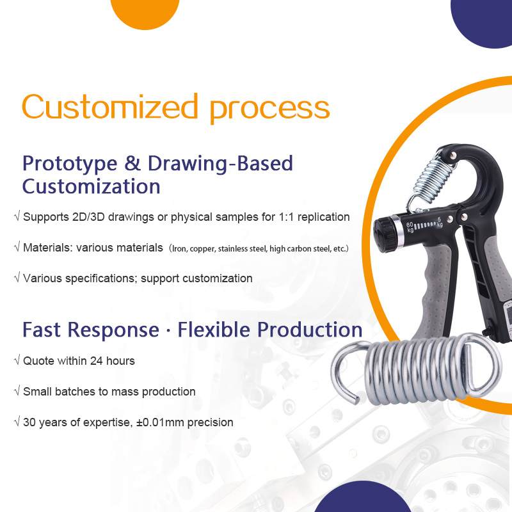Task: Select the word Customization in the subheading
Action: pos(91,186)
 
